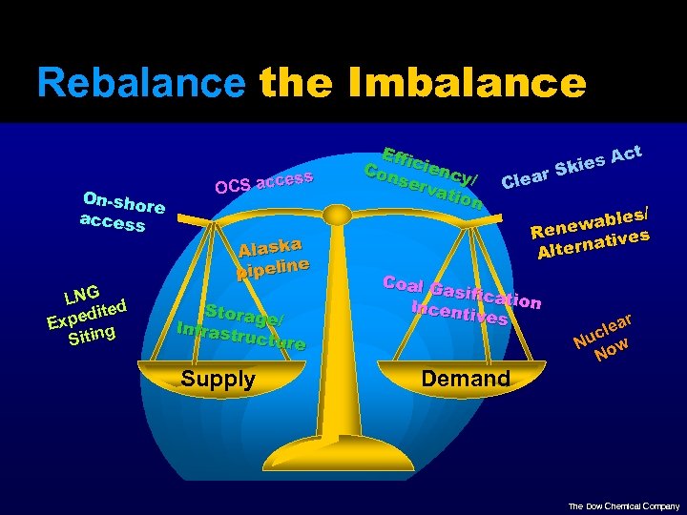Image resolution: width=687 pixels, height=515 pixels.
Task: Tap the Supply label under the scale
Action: [219, 379]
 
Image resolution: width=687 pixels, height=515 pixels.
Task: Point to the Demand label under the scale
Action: [466, 379]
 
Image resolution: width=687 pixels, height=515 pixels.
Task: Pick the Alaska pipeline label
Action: [273, 257]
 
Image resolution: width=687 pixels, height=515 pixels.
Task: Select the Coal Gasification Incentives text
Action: [463, 297]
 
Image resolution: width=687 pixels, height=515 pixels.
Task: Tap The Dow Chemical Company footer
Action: [624, 506]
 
